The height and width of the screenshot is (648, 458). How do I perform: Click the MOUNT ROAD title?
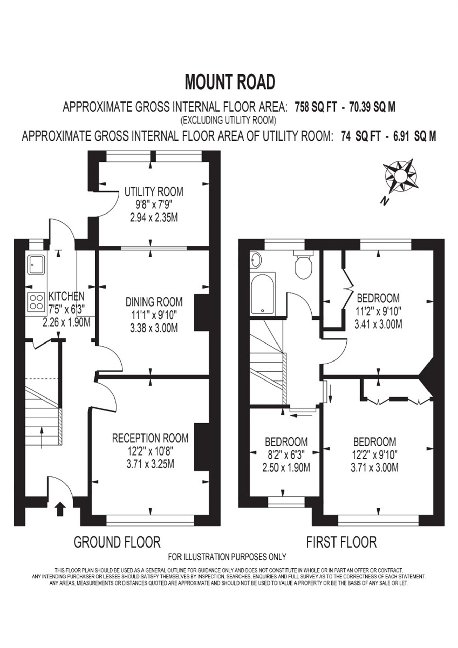pyautogui.click(x=230, y=82)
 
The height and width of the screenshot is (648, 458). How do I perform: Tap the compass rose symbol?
pyautogui.click(x=400, y=176)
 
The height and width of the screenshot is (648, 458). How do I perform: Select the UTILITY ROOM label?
pyautogui.click(x=154, y=192)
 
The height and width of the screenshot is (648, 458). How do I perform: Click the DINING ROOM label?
pyautogui.click(x=154, y=302)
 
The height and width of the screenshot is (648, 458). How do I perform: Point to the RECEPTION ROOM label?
pyautogui.click(x=150, y=438)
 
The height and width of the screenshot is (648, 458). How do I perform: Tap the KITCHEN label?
pyautogui.click(x=66, y=296)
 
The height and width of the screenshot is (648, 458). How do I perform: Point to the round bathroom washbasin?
pyautogui.click(x=256, y=260)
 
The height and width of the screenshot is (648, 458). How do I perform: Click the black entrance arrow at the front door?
pyautogui.click(x=60, y=509)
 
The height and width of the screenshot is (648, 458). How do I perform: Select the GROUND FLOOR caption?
pyautogui.click(x=117, y=542)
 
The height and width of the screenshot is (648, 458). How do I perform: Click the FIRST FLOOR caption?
pyautogui.click(x=341, y=542)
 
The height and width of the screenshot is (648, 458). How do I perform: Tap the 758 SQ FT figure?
pyautogui.click(x=316, y=107)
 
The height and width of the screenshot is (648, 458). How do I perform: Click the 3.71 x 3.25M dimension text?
pyautogui.click(x=150, y=464)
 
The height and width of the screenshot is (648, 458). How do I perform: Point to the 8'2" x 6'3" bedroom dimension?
pyautogui.click(x=286, y=455)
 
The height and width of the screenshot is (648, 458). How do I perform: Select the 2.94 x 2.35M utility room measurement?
pyautogui.click(x=154, y=218)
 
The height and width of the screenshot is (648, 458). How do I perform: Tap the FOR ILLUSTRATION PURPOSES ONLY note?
pyautogui.click(x=227, y=557)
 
